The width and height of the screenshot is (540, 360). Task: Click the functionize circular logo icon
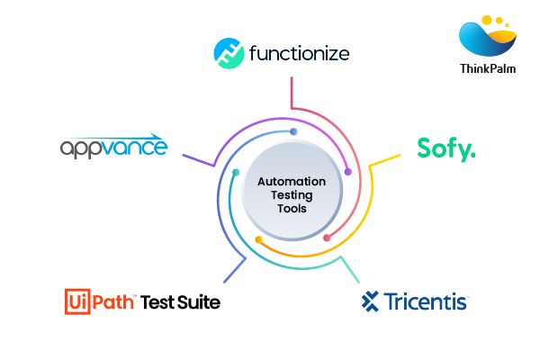click(229, 53)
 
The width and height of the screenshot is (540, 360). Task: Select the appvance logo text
click(113, 148)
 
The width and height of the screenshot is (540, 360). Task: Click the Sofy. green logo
click(445, 148)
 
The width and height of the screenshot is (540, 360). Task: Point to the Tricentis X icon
click(371, 301)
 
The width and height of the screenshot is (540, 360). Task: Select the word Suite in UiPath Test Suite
click(198, 301)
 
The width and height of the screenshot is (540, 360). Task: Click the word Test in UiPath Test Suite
click(158, 301)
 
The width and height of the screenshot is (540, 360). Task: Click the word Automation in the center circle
click(292, 181)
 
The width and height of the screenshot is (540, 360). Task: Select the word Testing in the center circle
click(292, 194)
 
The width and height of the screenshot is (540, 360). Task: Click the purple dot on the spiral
click(347, 171)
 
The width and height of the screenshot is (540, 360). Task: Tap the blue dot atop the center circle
click(293, 132)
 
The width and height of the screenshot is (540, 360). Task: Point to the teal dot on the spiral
click(236, 172)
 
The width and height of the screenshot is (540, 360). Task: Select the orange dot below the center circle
click(258, 239)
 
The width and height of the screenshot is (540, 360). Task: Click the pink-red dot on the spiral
click(327, 238)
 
